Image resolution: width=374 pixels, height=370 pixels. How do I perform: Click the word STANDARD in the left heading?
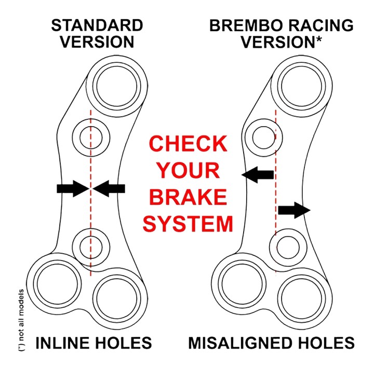click(x=97, y=25)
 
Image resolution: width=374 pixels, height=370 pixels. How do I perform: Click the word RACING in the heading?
click(x=320, y=25)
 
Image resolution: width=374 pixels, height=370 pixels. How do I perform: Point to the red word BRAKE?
click(x=188, y=198)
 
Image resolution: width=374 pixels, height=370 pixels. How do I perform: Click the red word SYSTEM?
click(x=188, y=224)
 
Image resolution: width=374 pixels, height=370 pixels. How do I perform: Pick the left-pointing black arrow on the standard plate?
click(x=110, y=188)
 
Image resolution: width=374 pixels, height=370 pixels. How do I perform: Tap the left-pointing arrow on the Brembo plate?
click(x=258, y=175)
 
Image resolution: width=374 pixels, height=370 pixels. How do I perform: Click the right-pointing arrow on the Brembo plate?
click(x=294, y=210)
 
